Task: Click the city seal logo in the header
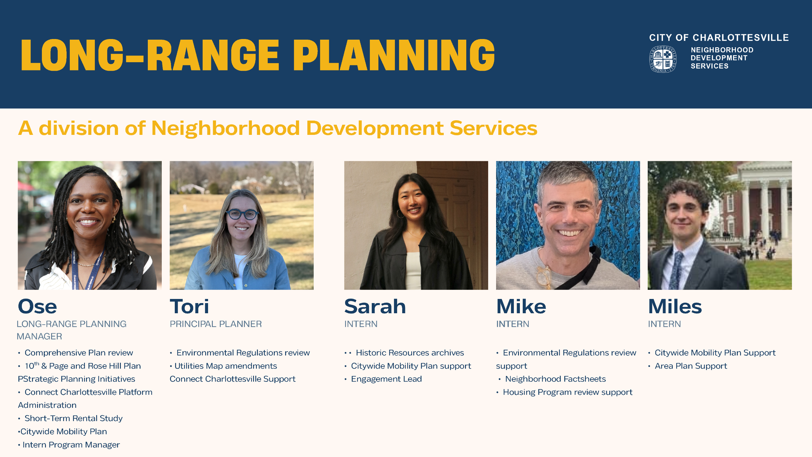(663, 59)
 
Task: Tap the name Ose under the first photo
(37, 307)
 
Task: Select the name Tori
(189, 307)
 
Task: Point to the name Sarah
(375, 307)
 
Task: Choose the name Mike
(521, 307)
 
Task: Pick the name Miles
(675, 307)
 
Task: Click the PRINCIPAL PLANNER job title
(216, 324)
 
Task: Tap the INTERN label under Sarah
(361, 324)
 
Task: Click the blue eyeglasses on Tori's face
(242, 214)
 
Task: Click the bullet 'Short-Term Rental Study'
(74, 418)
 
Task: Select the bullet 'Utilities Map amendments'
(226, 366)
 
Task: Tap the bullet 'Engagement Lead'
(386, 379)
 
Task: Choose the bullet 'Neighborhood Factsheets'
(555, 379)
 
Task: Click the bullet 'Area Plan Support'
(691, 366)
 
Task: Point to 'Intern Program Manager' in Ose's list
(71, 445)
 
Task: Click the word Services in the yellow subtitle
(494, 128)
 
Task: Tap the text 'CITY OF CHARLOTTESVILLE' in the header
(719, 38)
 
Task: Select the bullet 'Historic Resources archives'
(410, 353)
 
